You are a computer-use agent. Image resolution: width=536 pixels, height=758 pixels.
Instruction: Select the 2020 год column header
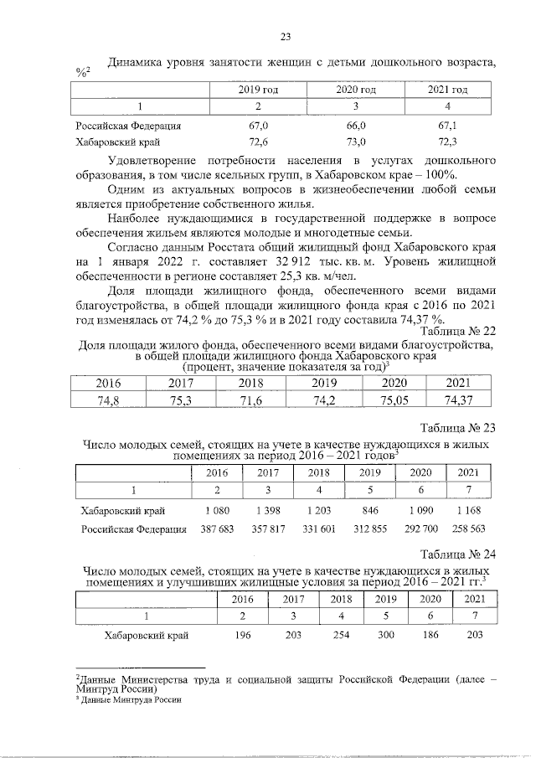355,89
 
